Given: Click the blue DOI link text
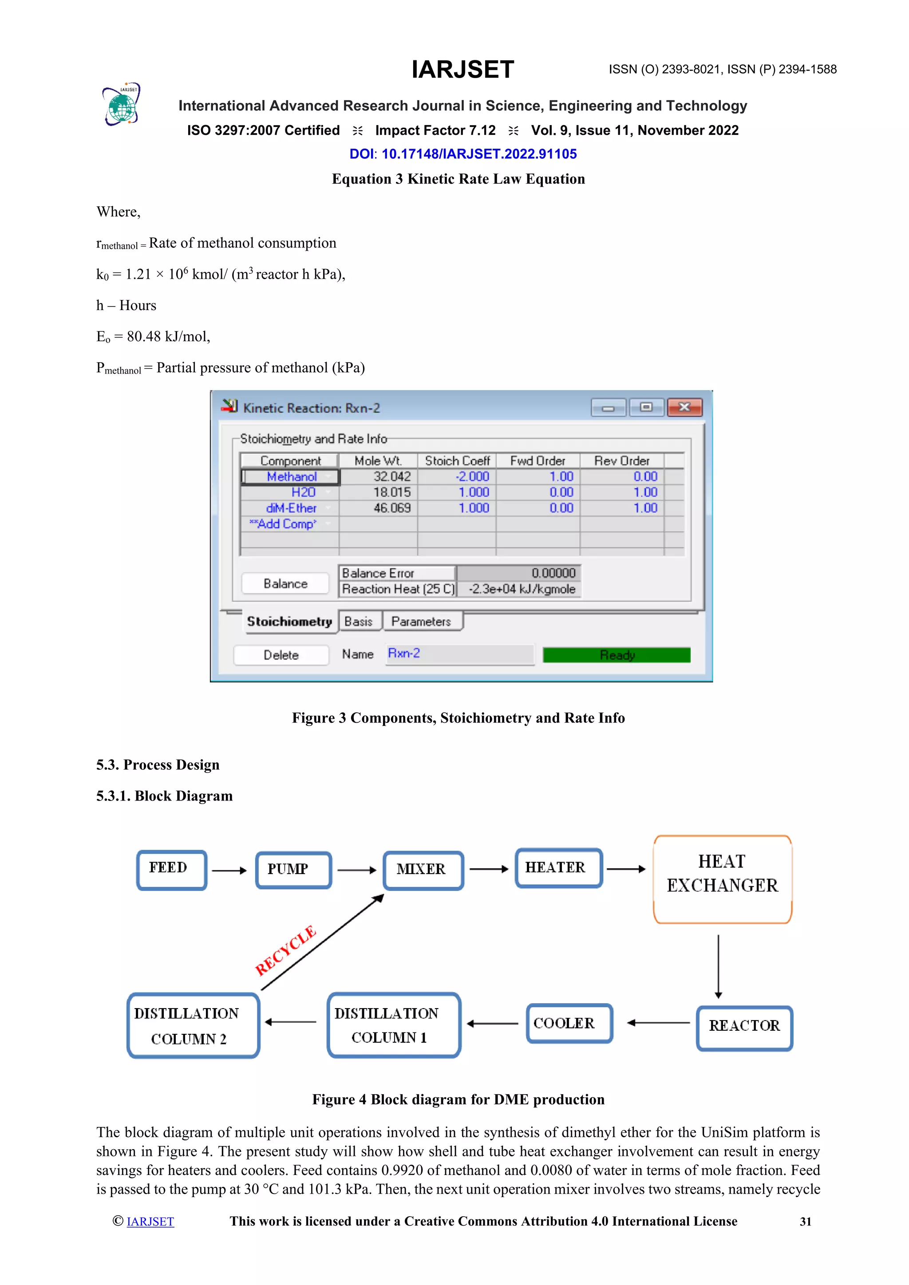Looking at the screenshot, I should [463, 154].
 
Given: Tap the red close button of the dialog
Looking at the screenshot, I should [684, 407].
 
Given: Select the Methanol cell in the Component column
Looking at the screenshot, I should [291, 477].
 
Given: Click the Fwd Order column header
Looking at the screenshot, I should [537, 461].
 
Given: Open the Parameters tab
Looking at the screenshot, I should [421, 621].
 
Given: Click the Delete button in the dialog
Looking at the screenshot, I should [281, 655].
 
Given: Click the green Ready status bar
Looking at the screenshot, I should [616, 655].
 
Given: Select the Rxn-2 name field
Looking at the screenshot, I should [459, 654].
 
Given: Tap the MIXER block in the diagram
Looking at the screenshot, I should [423, 870].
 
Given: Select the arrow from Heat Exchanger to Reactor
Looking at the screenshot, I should [718, 966].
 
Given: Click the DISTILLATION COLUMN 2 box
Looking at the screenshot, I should [193, 1026].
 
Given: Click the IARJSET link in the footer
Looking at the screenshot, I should [150, 1222].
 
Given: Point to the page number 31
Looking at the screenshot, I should [805, 1222].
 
